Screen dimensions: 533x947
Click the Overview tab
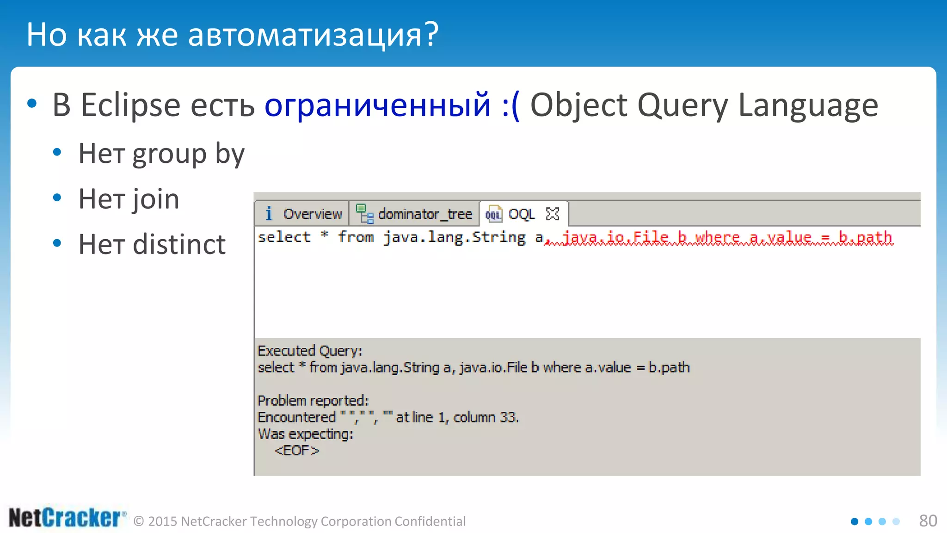point(312,214)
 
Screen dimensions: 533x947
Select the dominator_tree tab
point(424,214)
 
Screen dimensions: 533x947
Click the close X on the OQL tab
point(553,214)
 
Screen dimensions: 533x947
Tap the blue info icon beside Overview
point(269,214)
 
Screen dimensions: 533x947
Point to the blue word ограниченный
point(377,105)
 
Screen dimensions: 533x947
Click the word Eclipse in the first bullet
point(130,105)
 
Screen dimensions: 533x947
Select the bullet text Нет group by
point(161,154)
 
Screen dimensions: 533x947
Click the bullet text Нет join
point(129,199)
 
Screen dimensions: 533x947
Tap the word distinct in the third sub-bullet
point(179,245)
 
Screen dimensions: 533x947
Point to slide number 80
point(928,521)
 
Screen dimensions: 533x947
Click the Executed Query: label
point(310,351)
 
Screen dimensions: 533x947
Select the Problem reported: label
point(313,401)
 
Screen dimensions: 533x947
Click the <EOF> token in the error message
point(296,451)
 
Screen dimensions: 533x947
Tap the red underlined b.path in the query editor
point(865,237)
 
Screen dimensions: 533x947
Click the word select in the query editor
point(284,237)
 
